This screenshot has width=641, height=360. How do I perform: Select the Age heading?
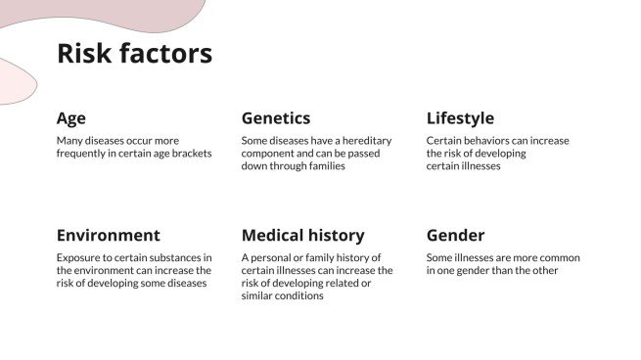[x=71, y=118]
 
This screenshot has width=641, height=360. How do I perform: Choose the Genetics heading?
[x=276, y=118]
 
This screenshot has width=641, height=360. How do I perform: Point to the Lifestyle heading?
[x=460, y=118]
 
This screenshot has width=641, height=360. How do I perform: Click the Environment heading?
[x=108, y=235]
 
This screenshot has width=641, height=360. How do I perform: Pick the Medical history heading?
[x=302, y=235]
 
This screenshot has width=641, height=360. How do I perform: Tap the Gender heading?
[x=455, y=235]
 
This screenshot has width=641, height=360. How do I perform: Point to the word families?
[x=323, y=166]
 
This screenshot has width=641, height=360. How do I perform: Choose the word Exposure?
[x=80, y=258]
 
